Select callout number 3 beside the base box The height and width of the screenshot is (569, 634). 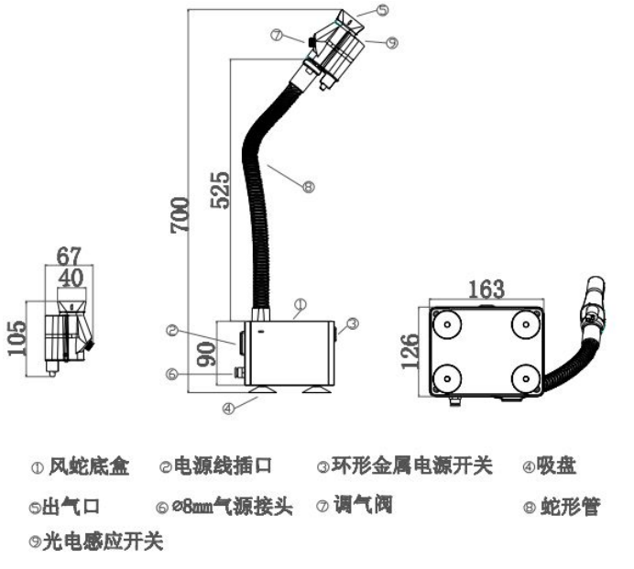[x=351, y=322]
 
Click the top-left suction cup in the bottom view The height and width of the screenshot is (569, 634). [x=449, y=323]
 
